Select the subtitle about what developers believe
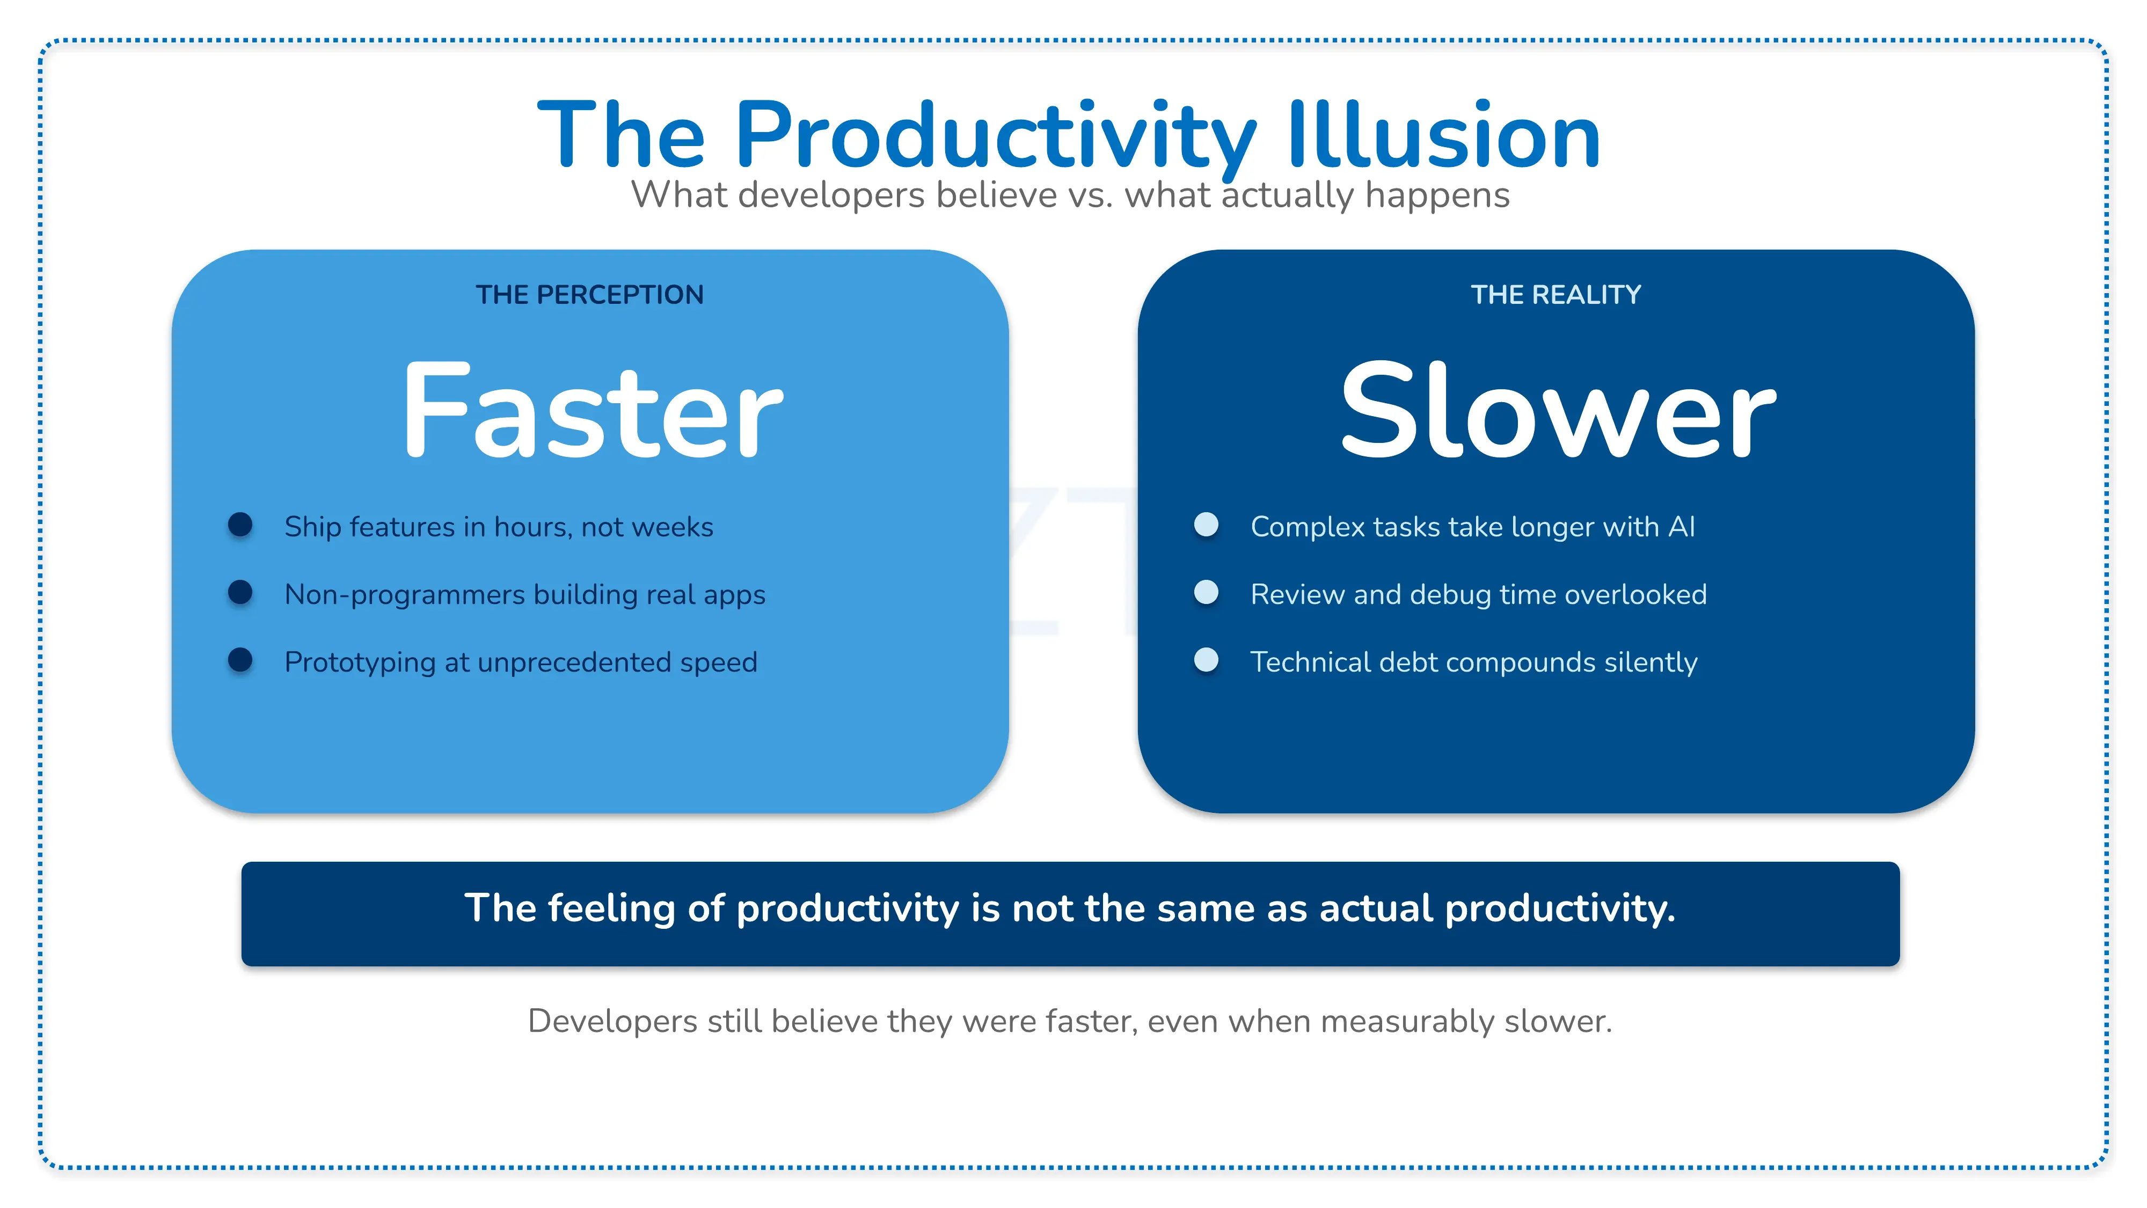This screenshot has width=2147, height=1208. [x=1070, y=195]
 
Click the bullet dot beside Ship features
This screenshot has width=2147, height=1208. [x=240, y=525]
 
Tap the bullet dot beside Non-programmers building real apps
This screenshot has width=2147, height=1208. [x=240, y=592]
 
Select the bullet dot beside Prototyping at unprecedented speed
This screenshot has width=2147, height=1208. [x=240, y=659]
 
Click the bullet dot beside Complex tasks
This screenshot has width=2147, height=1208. [x=1206, y=525]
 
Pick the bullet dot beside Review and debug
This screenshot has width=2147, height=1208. [x=1206, y=592]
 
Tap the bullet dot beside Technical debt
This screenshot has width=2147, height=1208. [x=1206, y=659]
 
